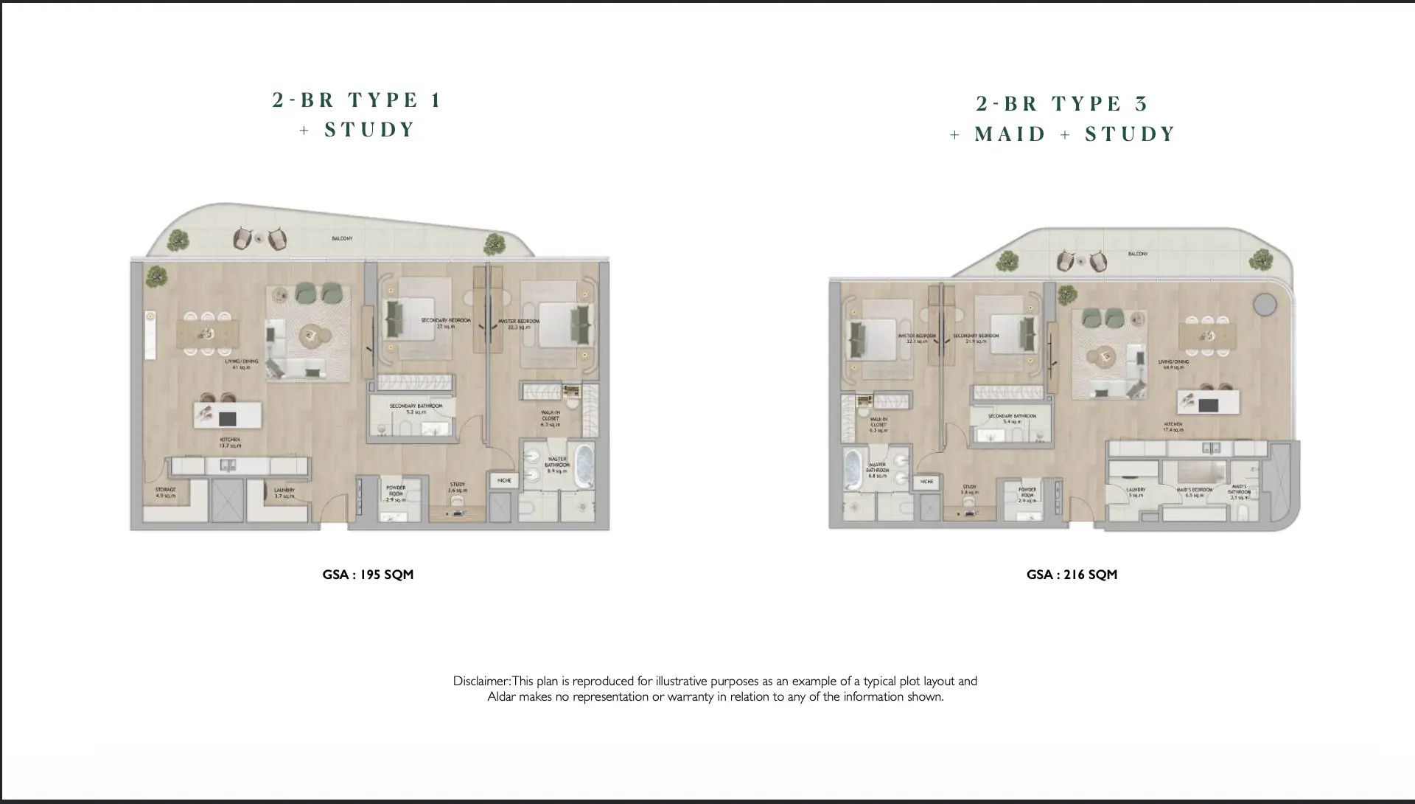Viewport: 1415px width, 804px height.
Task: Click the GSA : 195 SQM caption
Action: click(x=368, y=575)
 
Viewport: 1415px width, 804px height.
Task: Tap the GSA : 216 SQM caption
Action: click(x=1072, y=575)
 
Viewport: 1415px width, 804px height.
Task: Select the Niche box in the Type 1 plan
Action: click(x=504, y=480)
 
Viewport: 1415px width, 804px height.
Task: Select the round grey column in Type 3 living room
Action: click(x=1265, y=303)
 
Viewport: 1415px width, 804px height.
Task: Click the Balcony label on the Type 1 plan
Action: click(x=342, y=238)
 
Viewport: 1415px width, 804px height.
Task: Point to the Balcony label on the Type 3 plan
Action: click(x=1137, y=254)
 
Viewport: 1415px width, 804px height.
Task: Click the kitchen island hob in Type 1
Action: click(x=228, y=417)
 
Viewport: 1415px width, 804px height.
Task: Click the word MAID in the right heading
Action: click(x=1010, y=134)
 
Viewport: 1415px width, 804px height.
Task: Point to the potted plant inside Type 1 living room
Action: click(x=156, y=276)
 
